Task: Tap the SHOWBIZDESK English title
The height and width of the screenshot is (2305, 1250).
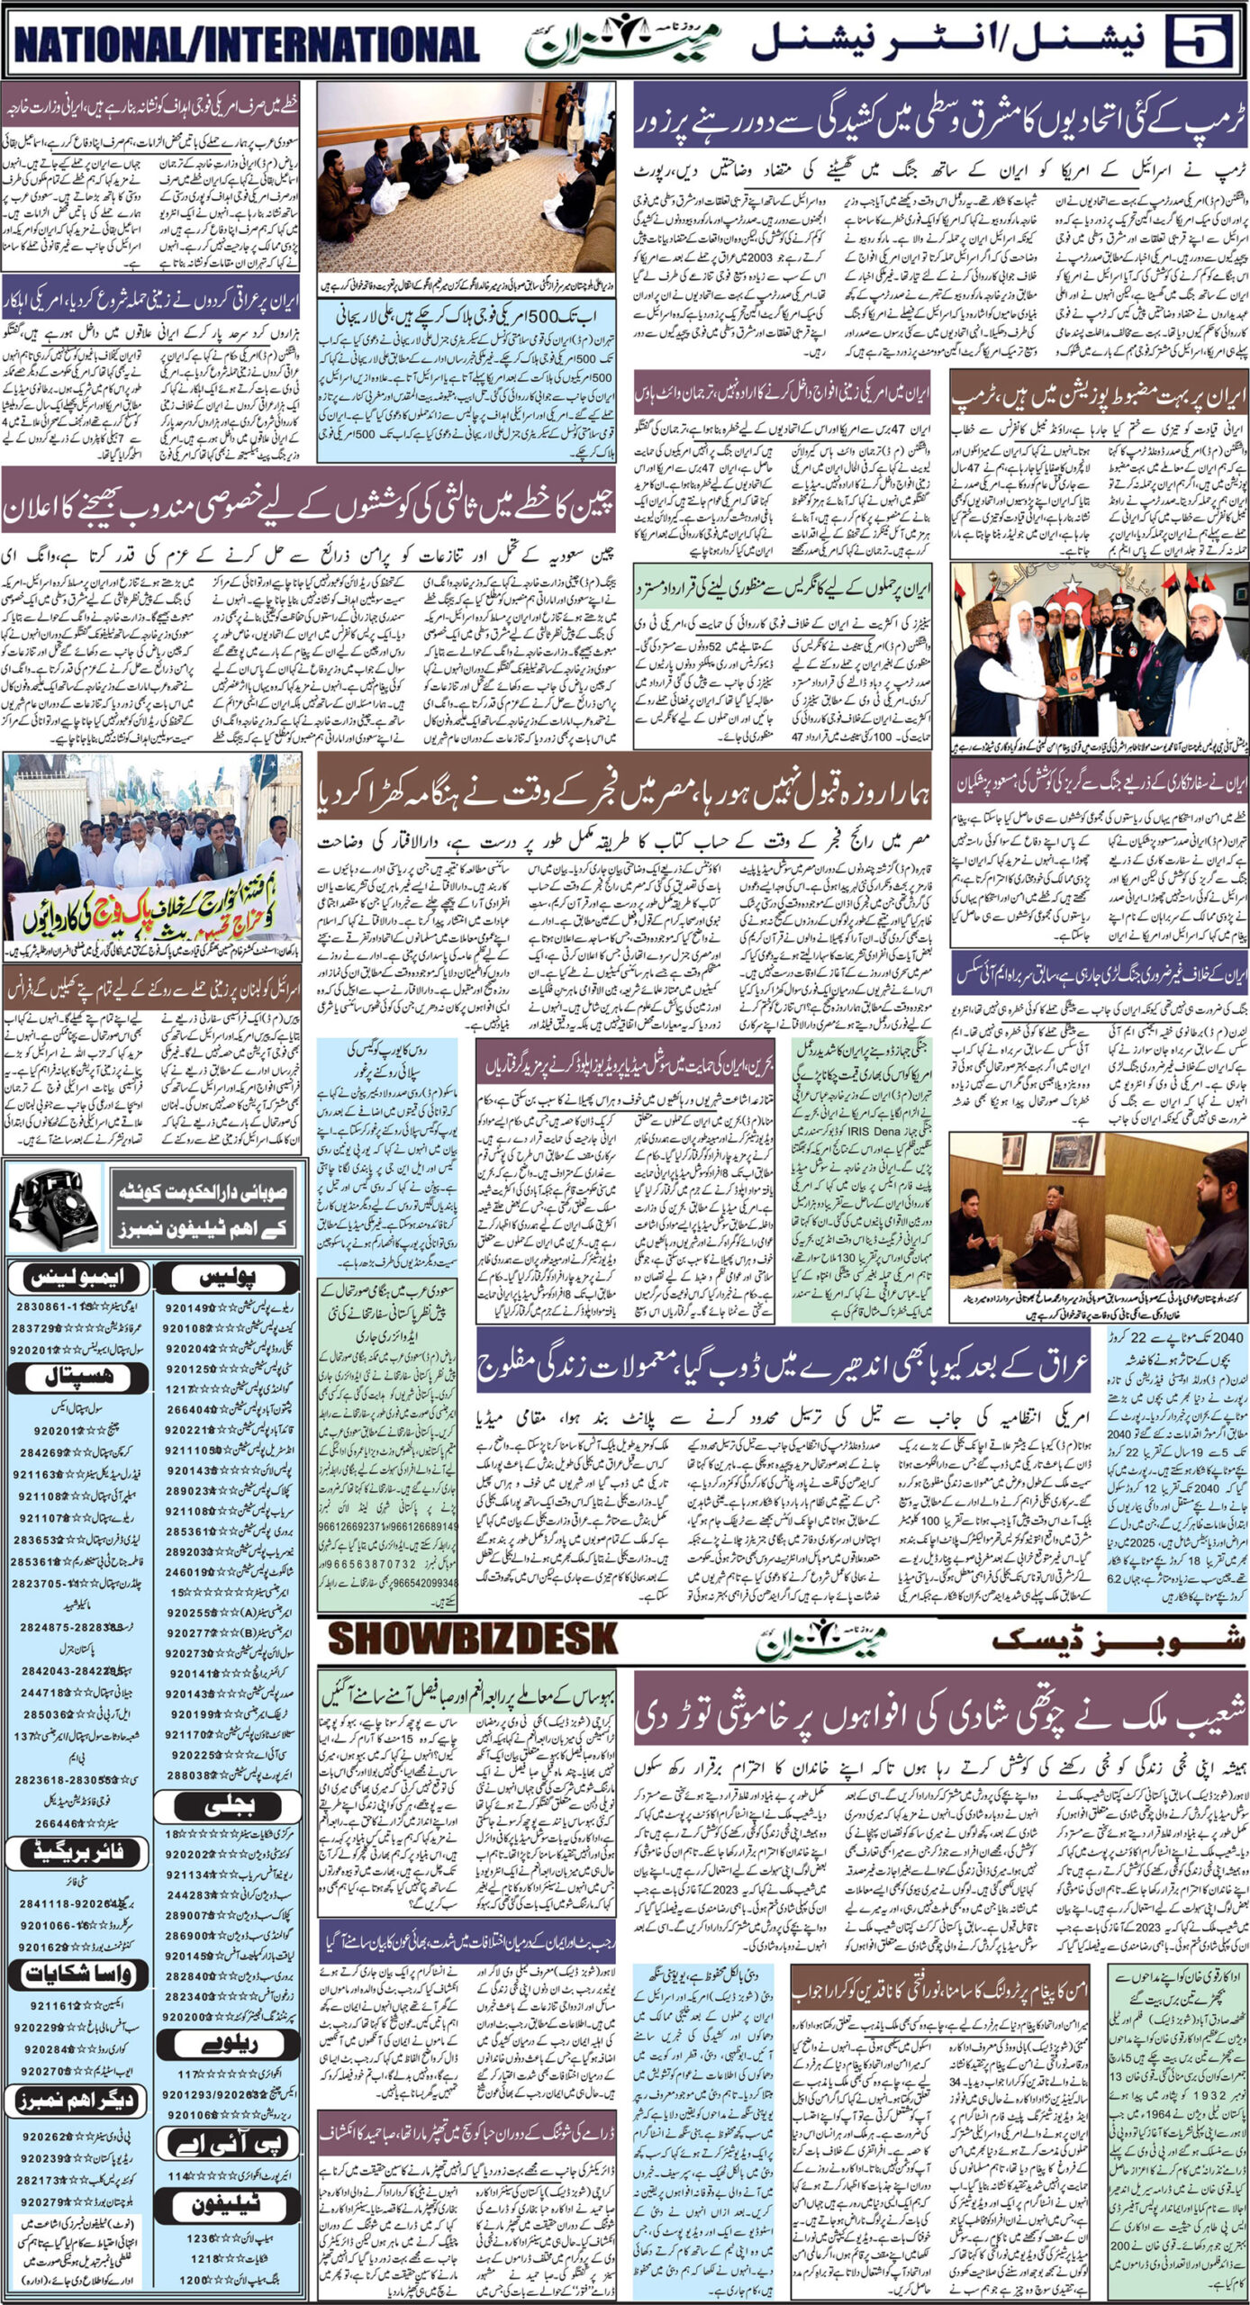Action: pyautogui.click(x=473, y=1640)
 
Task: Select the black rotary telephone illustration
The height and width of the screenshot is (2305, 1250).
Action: pyautogui.click(x=54, y=1209)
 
